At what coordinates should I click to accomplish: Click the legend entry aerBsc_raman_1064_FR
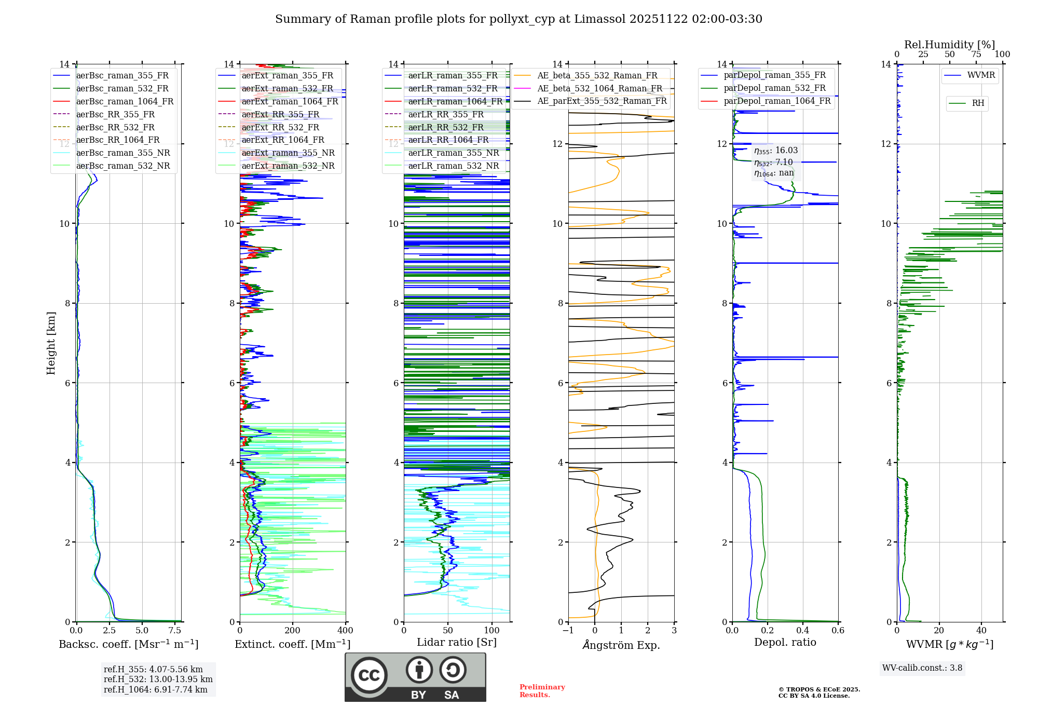[x=125, y=102]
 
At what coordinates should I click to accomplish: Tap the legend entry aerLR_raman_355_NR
[x=453, y=153]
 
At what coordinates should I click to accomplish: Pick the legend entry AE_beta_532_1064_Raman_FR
[x=599, y=89]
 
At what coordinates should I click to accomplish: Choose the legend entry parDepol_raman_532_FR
[x=774, y=88]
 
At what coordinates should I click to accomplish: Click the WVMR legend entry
[x=981, y=76]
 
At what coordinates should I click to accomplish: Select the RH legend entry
[x=978, y=103]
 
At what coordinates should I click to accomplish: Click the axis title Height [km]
[x=51, y=343]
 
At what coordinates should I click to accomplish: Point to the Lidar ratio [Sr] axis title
[x=457, y=643]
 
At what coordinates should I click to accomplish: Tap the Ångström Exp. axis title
[x=621, y=645]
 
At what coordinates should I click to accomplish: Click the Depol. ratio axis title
[x=785, y=643]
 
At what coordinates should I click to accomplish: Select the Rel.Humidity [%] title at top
[x=949, y=45]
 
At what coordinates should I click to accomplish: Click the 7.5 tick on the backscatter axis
[x=175, y=631]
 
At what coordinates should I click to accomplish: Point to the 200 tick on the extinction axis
[x=292, y=631]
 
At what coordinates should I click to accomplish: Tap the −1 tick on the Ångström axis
[x=568, y=631]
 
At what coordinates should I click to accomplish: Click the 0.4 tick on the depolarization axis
[x=802, y=631]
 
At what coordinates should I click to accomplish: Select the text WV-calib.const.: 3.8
[x=922, y=668]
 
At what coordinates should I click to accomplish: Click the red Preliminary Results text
[x=542, y=691]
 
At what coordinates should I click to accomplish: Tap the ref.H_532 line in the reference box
[x=158, y=680]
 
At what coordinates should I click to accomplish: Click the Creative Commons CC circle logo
[x=369, y=675]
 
